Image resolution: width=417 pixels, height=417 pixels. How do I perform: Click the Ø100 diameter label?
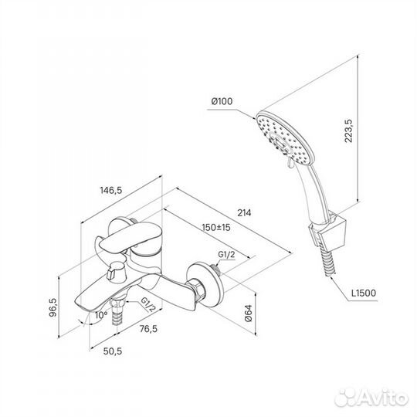point(222,101)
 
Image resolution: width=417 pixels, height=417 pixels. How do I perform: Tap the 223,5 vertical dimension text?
point(348,131)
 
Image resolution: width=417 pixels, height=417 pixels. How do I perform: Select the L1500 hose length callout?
point(364,293)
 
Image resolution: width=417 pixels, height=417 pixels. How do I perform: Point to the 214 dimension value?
point(244,213)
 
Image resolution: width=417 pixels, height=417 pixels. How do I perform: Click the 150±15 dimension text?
point(216,227)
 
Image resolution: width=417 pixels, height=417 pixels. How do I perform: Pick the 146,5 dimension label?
point(111,191)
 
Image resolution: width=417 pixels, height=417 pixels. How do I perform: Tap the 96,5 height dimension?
point(53,307)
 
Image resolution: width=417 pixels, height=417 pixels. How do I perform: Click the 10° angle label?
point(102,315)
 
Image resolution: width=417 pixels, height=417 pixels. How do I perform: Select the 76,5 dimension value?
point(148,329)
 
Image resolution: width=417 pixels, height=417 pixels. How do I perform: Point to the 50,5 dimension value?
point(113,351)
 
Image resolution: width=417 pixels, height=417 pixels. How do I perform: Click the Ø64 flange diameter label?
point(248,314)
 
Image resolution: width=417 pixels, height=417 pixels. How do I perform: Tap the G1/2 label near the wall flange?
point(226,255)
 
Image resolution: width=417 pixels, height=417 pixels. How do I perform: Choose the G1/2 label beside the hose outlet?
point(147,304)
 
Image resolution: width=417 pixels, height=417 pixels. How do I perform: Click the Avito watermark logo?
point(371,398)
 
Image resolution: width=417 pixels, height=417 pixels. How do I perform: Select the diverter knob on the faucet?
point(116,271)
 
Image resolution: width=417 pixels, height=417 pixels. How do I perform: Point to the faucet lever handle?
point(126,237)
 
